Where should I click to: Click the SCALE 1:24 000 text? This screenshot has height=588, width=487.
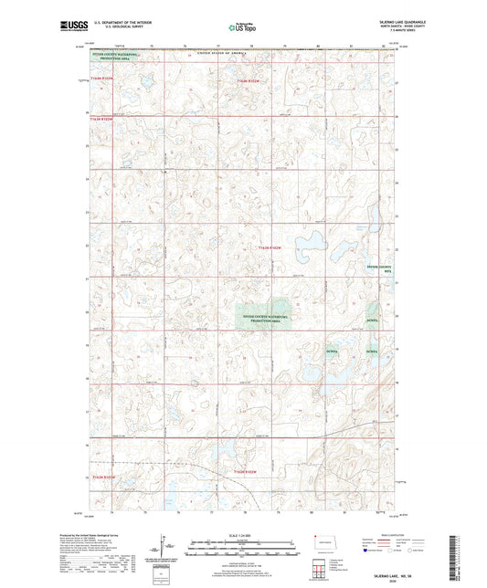243,534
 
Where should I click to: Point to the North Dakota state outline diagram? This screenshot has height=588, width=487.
324,546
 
